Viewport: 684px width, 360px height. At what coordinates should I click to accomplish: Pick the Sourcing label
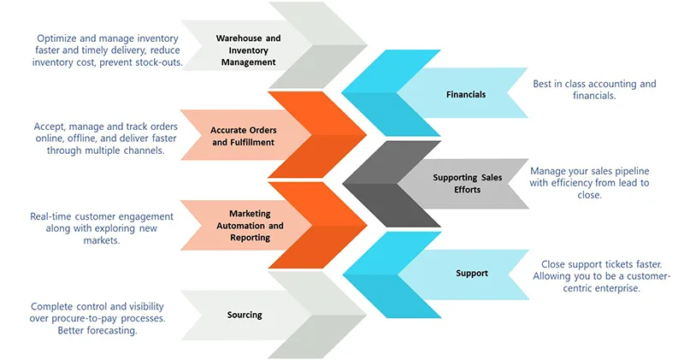pos(245,315)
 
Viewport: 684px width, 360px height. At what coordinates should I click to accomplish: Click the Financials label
pos(466,94)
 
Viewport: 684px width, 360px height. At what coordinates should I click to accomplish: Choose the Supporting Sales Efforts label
pos(468,183)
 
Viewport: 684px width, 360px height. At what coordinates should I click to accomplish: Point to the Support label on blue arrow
pos(472,274)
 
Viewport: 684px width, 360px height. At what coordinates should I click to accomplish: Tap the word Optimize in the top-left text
pos(58,38)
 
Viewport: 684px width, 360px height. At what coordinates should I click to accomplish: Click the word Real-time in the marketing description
pos(52,215)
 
